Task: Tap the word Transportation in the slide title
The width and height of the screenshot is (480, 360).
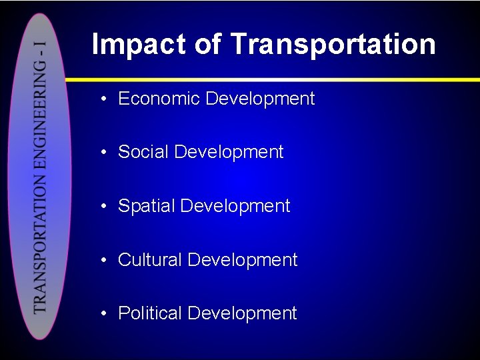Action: click(x=333, y=44)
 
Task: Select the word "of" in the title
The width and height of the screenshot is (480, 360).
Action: click(x=209, y=44)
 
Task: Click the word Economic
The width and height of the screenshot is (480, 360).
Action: click(x=159, y=99)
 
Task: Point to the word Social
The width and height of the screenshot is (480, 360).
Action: click(x=143, y=152)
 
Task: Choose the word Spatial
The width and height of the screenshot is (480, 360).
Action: click(x=146, y=206)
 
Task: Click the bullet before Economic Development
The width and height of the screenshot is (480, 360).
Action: click(x=105, y=99)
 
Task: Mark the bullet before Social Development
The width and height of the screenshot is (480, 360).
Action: click(x=105, y=153)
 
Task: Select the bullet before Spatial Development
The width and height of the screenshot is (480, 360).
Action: click(x=105, y=206)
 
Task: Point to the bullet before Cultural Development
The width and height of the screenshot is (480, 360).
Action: click(x=105, y=260)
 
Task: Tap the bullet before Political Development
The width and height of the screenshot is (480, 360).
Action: click(x=105, y=313)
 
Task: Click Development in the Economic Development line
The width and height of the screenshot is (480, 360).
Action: click(x=260, y=99)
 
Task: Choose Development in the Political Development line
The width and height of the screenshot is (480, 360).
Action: click(x=242, y=313)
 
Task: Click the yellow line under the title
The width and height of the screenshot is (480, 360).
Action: click(x=280, y=79)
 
